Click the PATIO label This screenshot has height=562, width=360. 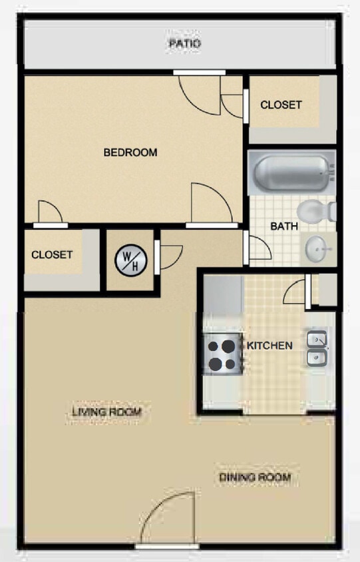point(184,44)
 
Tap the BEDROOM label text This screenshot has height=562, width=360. point(130,152)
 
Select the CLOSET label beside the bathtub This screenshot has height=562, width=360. point(281,105)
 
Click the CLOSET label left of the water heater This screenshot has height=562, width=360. point(52,255)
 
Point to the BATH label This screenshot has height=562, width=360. point(283,226)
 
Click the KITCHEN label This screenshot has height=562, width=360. point(270,346)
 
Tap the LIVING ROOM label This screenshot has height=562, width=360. point(106,412)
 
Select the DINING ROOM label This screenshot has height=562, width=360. point(255,477)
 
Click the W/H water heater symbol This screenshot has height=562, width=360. point(130,260)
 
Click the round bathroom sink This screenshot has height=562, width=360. point(318,250)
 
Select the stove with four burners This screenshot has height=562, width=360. point(222,355)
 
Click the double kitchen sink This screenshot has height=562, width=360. point(317,350)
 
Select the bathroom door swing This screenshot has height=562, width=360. point(260,248)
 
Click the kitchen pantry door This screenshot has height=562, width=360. point(295,291)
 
